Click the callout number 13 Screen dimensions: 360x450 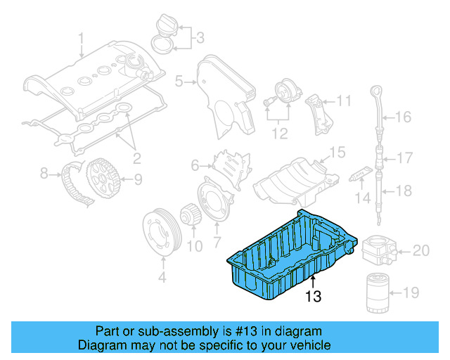[x=313, y=297]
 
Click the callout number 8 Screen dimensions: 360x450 [x=44, y=172]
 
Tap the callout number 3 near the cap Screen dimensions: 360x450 [x=199, y=38]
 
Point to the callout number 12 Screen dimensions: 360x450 [x=281, y=131]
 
